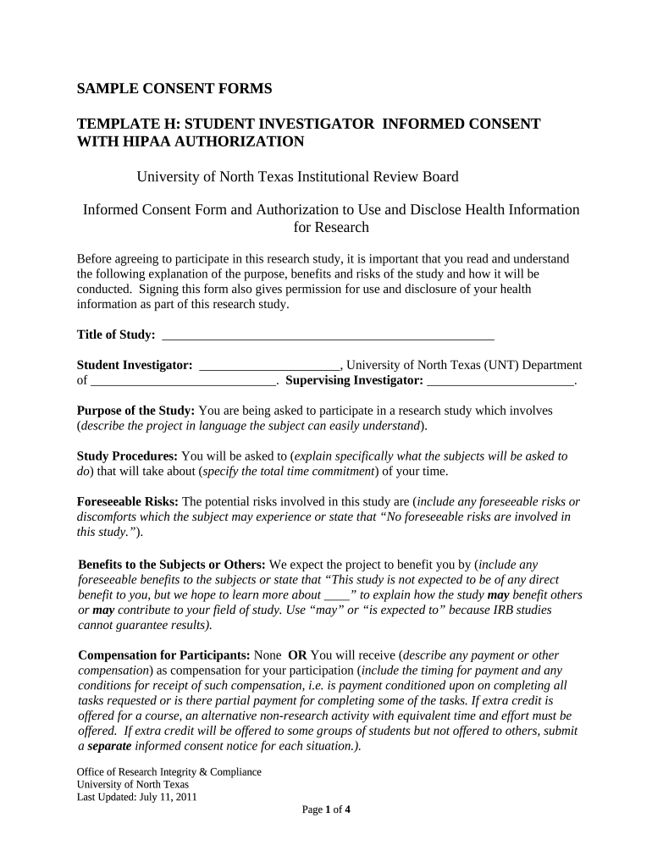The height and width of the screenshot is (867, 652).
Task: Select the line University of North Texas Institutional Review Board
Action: [x=297, y=177]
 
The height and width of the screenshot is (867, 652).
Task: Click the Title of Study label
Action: [x=116, y=335]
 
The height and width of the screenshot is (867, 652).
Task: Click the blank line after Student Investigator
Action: [x=268, y=365]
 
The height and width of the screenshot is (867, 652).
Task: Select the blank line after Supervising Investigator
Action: [x=501, y=381]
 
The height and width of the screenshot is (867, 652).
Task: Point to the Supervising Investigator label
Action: [x=354, y=381]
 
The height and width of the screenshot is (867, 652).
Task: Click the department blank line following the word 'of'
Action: [x=182, y=381]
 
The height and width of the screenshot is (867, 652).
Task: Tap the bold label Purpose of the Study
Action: [x=135, y=411]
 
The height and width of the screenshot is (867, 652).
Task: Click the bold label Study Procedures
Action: [x=127, y=456]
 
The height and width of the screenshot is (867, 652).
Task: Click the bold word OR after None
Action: [x=297, y=655]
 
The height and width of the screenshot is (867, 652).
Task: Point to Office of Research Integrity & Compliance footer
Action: [x=169, y=772]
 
